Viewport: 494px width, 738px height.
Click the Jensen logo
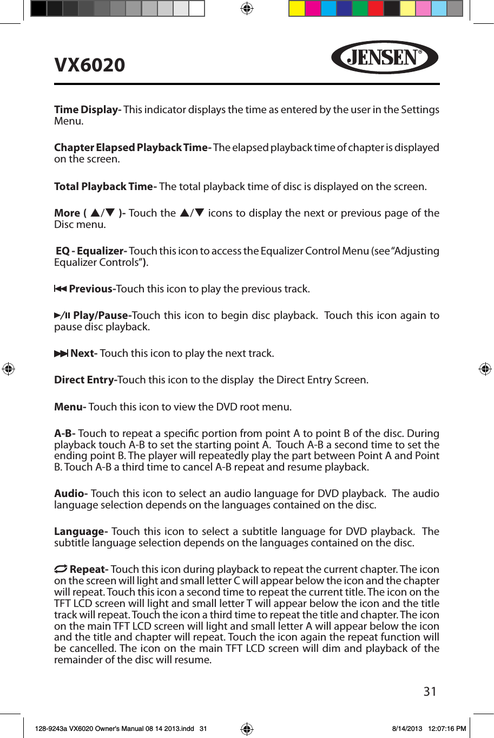pyautogui.click(x=384, y=57)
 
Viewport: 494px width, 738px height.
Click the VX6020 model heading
pyautogui.click(x=90, y=65)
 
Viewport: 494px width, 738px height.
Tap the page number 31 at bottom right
pyautogui.click(x=430, y=691)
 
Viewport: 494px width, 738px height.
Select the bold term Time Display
pyautogui.click(x=87, y=110)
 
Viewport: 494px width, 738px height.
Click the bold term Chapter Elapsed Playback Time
pyautogui.click(x=132, y=148)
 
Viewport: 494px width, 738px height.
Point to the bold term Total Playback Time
pyautogui.click(x=105, y=187)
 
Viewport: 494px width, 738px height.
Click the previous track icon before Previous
pyautogui.click(x=60, y=289)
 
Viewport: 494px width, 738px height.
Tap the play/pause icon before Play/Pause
pyautogui.click(x=62, y=315)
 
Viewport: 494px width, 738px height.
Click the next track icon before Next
pyautogui.click(x=61, y=354)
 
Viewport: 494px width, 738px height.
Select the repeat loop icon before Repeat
pyautogui.click(x=61, y=569)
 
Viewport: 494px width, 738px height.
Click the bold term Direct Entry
pyautogui.click(x=85, y=380)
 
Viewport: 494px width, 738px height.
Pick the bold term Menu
pyautogui.click(x=70, y=407)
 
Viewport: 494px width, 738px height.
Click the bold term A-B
pyautogui.click(x=64, y=434)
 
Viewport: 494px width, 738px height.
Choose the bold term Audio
pyautogui.click(x=70, y=494)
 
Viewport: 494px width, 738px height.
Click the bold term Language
pyautogui.click(x=81, y=532)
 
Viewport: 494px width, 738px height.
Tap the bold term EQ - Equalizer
pyautogui.click(x=91, y=251)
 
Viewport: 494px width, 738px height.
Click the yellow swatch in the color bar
pyautogui.click(x=297, y=9)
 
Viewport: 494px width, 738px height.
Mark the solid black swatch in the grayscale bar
pyautogui.click(x=38, y=9)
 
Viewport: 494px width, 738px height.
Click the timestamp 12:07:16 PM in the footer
pyautogui.click(x=446, y=729)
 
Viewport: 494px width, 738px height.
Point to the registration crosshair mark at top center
pyautogui.click(x=247, y=9)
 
